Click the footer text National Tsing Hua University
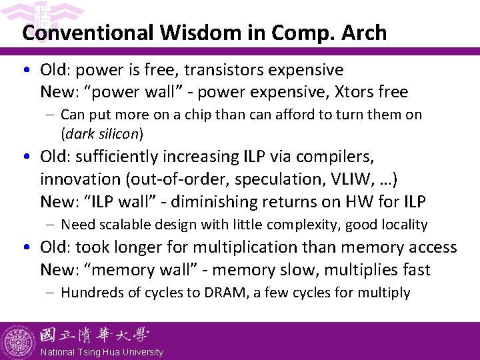click(101, 352)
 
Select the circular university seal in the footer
click(19, 341)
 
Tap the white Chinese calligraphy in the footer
click(94, 335)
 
